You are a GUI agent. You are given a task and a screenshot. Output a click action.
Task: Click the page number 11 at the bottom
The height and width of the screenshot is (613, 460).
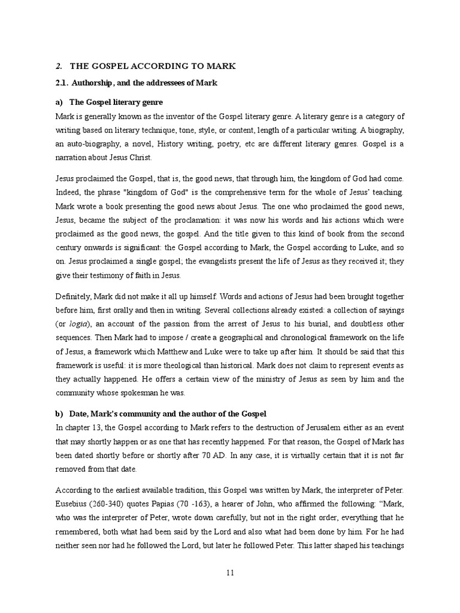[230, 573]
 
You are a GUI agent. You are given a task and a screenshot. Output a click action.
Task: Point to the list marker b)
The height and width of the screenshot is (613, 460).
[59, 414]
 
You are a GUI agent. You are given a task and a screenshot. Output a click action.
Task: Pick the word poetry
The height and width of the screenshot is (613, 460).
[210, 144]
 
